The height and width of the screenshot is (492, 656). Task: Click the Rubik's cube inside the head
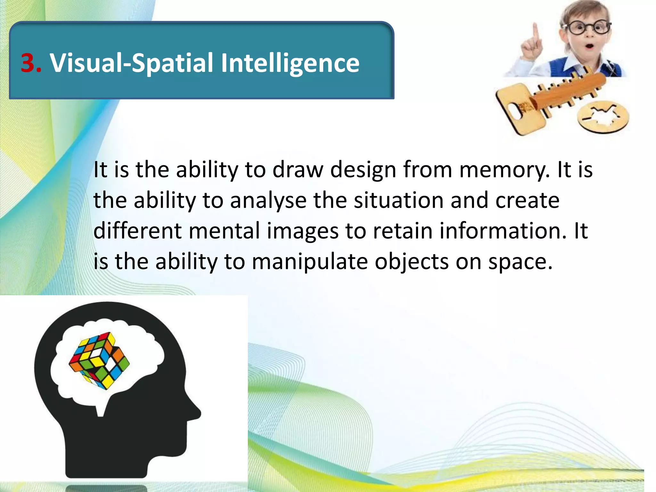pos(99,360)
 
